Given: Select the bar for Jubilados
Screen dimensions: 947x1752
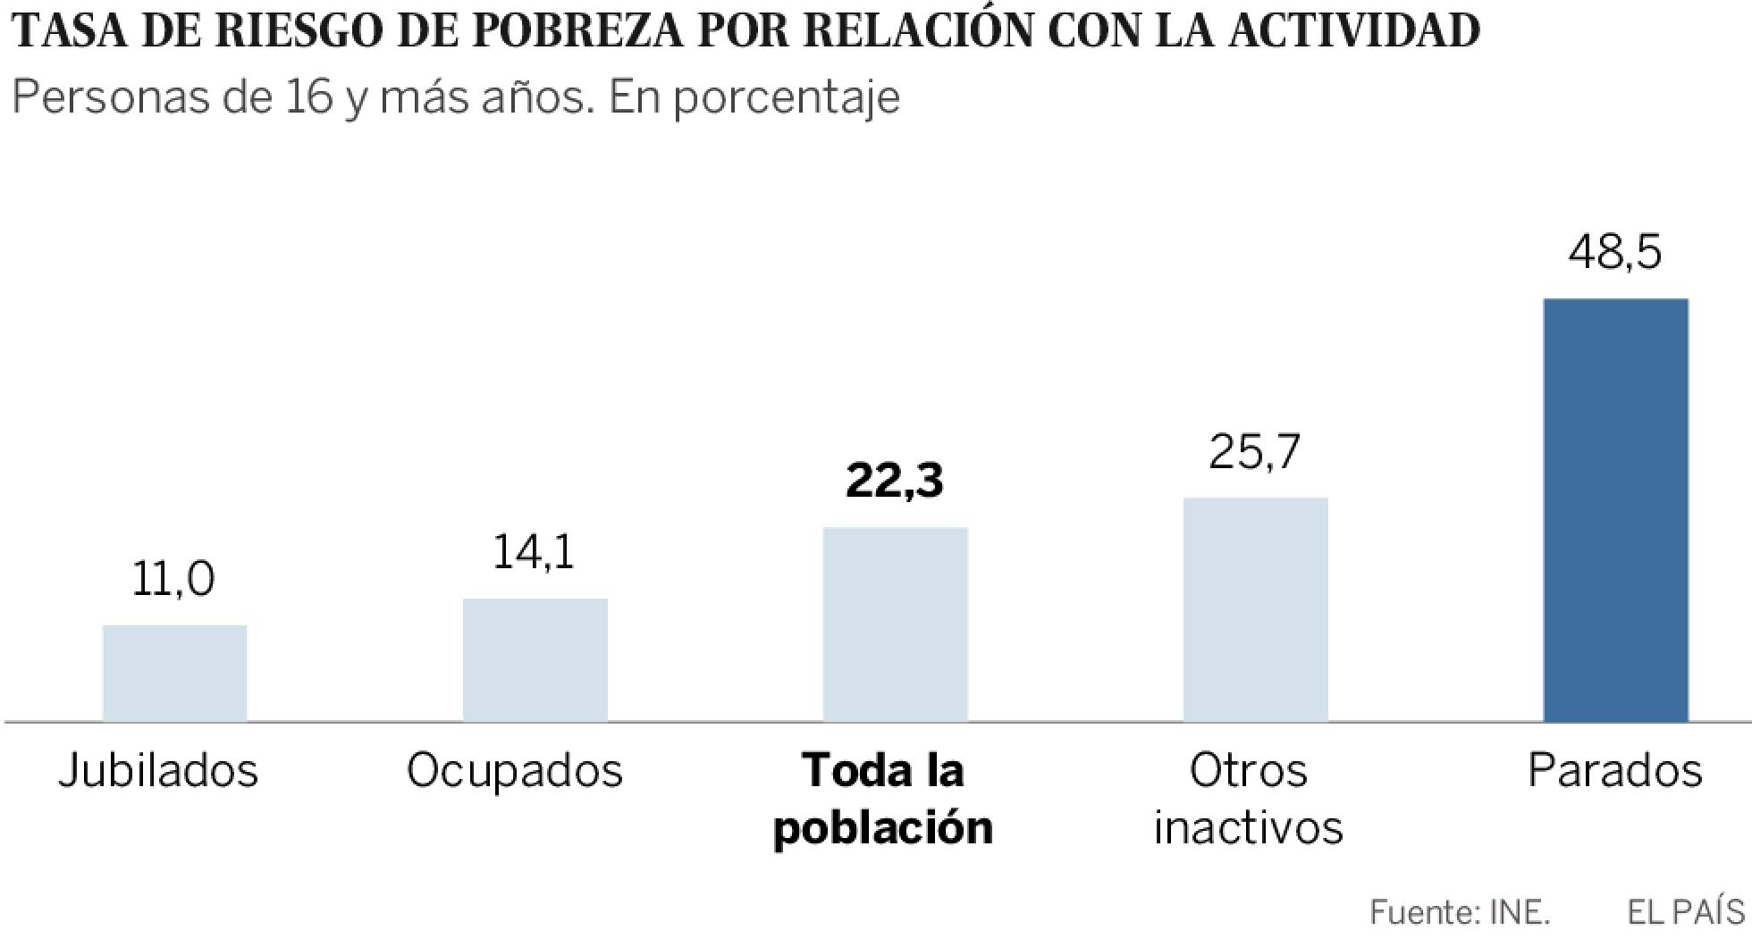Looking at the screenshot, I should [x=174, y=673].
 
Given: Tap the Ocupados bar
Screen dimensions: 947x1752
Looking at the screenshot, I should [x=535, y=659].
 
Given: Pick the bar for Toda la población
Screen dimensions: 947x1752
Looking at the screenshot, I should [x=895, y=624].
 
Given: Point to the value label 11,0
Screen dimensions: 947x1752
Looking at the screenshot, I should [x=173, y=580].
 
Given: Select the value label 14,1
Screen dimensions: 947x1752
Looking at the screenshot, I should [x=534, y=551].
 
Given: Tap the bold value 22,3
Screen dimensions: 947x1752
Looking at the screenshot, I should [x=894, y=482].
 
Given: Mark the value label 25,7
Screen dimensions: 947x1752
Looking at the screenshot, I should [x=1254, y=452].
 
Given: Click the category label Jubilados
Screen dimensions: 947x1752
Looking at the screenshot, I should [x=159, y=771].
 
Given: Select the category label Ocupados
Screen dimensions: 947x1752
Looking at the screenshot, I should [x=515, y=771].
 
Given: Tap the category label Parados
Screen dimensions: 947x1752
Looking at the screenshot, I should [x=1614, y=771].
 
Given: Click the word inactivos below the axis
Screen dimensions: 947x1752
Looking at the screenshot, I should [x=1248, y=827].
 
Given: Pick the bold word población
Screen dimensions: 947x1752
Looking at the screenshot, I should [x=883, y=827].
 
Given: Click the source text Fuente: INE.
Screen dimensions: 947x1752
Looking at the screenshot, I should [x=1460, y=912].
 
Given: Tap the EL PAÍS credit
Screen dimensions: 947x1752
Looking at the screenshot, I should [x=1686, y=912].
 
